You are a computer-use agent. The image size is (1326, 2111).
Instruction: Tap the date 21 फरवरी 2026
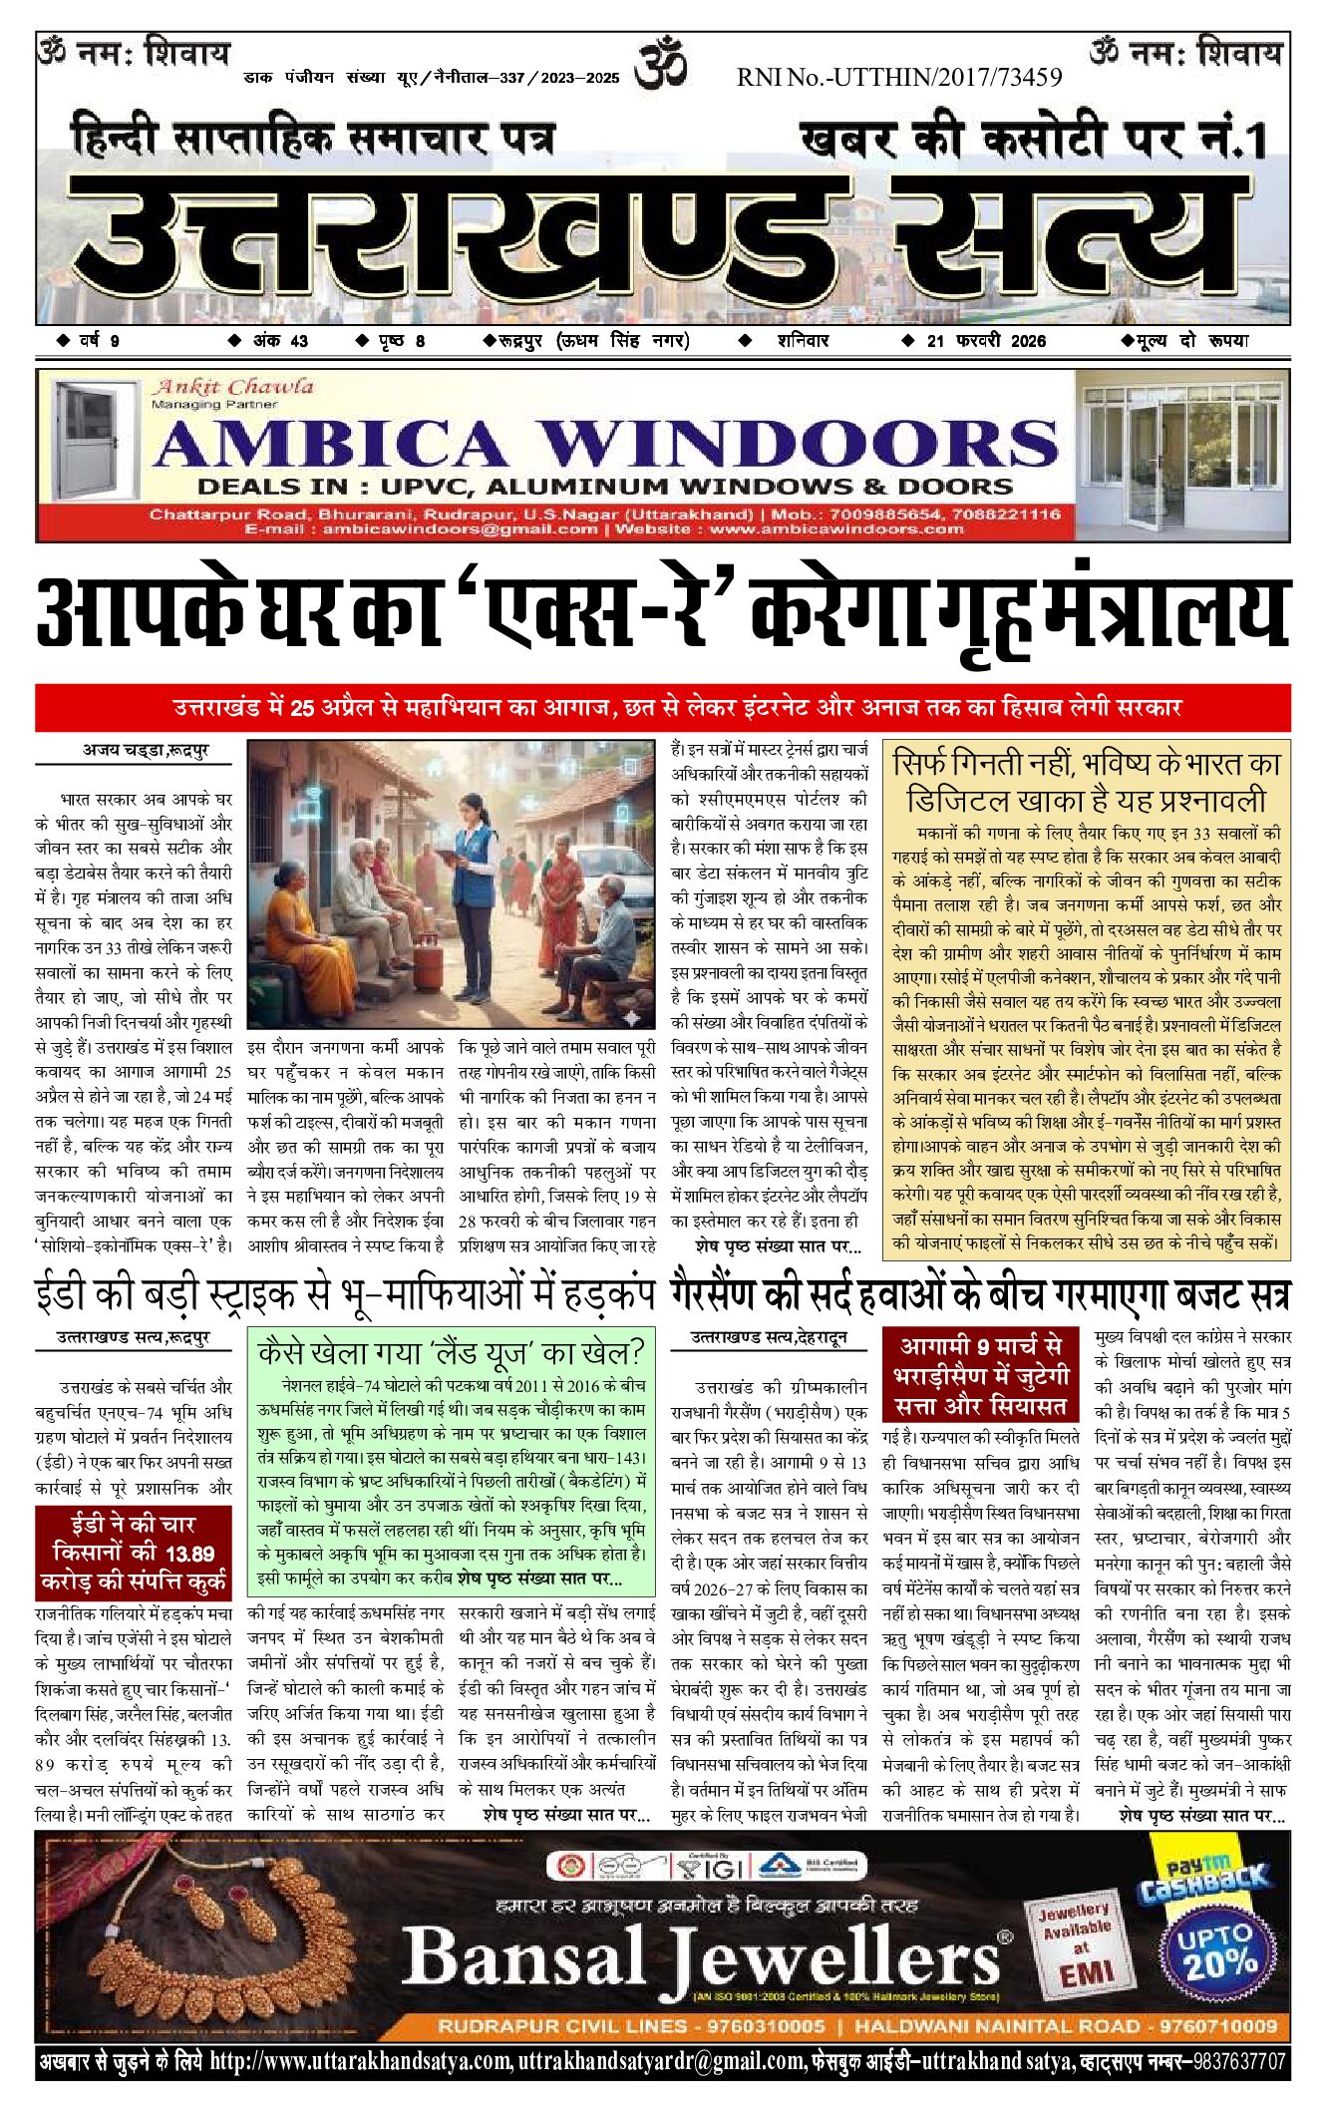(x=986, y=341)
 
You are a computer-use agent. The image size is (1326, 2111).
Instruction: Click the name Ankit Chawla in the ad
(x=232, y=386)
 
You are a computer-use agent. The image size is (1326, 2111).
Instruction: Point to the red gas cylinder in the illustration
(x=429, y=962)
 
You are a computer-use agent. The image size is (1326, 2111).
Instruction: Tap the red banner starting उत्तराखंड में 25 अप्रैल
(x=663, y=708)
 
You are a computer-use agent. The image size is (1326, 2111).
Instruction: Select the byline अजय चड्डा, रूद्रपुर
(x=146, y=750)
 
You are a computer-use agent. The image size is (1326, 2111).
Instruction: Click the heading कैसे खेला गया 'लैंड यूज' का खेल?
(x=451, y=1353)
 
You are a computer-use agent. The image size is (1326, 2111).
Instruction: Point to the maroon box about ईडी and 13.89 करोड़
(x=134, y=1553)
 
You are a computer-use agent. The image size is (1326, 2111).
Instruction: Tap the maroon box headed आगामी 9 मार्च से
(x=981, y=1375)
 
